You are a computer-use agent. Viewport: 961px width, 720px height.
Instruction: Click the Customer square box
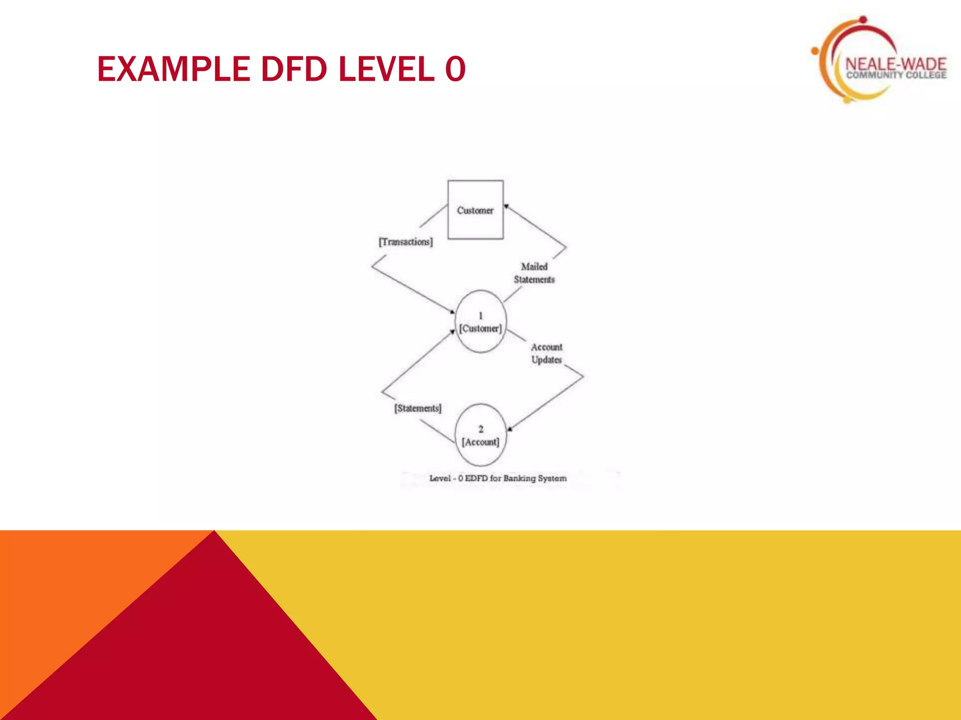(x=475, y=210)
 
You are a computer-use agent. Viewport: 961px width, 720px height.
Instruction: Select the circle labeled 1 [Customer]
(x=480, y=322)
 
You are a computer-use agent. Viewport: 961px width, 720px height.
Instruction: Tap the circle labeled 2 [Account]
(x=480, y=435)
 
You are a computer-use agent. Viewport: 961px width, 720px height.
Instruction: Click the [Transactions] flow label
(x=406, y=242)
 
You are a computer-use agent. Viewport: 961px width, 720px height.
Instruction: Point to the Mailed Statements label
(x=534, y=273)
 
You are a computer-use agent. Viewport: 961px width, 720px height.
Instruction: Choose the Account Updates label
(x=547, y=353)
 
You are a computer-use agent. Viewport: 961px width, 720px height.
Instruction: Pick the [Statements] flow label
(x=418, y=408)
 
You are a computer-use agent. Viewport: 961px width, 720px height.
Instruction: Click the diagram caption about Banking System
(x=498, y=478)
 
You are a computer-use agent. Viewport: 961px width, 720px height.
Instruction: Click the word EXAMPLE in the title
(x=173, y=69)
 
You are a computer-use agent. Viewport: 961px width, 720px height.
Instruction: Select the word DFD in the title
(x=294, y=69)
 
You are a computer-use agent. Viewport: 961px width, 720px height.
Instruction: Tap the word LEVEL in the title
(x=387, y=69)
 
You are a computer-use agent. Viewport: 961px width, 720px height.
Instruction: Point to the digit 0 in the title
(x=455, y=69)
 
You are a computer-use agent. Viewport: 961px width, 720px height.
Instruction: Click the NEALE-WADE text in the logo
(x=896, y=64)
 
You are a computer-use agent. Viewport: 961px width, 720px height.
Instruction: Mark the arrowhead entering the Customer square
(x=507, y=206)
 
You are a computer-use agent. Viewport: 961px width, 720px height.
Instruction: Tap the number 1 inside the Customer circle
(x=480, y=315)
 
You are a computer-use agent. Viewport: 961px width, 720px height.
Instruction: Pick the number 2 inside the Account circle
(x=480, y=429)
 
